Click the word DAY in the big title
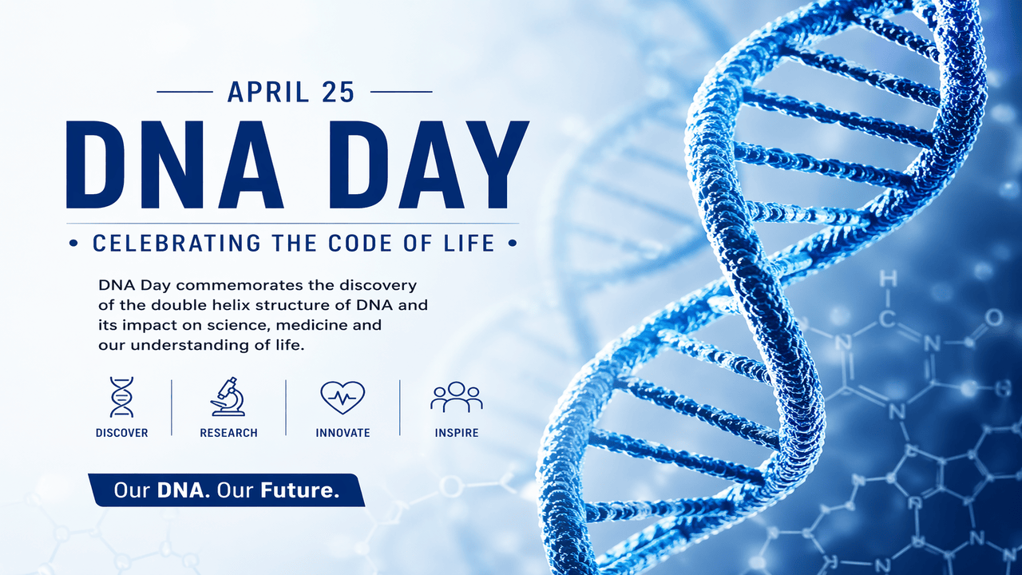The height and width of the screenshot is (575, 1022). tap(421, 165)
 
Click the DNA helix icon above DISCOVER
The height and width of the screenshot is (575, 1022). tap(121, 397)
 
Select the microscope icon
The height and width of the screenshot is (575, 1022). tap(228, 397)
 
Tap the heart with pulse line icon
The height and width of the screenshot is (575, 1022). tap(343, 397)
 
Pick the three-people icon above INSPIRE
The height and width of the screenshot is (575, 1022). tap(457, 397)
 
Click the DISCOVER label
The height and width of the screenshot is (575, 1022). tap(121, 433)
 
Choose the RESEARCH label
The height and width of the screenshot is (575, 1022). tap(228, 433)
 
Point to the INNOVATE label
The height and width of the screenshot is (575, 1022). tap(343, 433)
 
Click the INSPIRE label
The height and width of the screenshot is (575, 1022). tap(457, 433)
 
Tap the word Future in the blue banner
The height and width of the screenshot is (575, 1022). tap(299, 490)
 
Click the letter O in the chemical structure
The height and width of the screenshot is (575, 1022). tap(993, 318)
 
